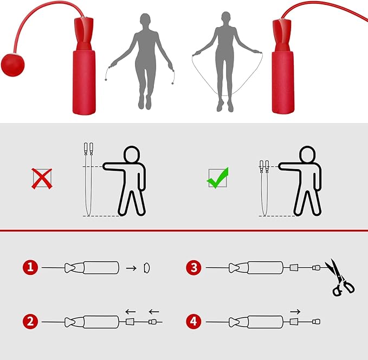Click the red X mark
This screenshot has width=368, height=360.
click(42, 179)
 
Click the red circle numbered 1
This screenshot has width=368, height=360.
click(30, 267)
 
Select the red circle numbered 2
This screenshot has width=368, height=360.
click(30, 322)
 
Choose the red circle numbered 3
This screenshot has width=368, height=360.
click(193, 267)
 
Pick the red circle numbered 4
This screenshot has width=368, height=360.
click(193, 322)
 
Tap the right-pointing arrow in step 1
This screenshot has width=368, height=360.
click(131, 268)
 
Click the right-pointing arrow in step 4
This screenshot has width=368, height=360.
click(295, 312)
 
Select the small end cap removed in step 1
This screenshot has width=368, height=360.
click(146, 268)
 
